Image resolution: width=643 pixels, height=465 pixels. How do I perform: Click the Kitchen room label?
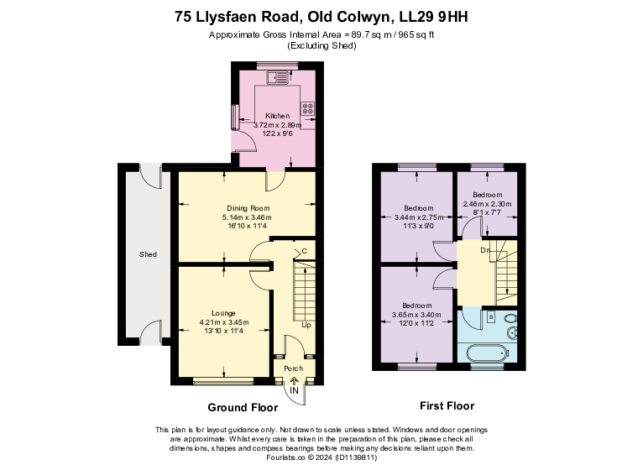click(277, 116)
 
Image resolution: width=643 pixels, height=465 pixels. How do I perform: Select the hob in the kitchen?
click(308, 108)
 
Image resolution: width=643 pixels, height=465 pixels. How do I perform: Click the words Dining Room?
click(248, 208)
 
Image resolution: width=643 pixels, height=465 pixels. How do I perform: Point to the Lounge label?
click(223, 312)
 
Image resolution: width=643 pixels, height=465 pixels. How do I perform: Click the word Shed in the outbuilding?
click(148, 253)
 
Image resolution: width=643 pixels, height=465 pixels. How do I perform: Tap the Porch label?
click(293, 368)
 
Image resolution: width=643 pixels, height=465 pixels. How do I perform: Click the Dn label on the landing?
click(484, 250)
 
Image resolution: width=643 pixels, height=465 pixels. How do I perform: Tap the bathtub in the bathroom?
click(483, 353)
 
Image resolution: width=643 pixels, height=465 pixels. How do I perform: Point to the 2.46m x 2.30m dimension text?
click(488, 204)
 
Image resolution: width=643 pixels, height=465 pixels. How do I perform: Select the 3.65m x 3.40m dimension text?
click(416, 316)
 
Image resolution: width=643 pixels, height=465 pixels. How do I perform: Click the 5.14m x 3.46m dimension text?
click(248, 217)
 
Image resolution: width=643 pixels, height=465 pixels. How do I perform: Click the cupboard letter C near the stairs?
click(304, 251)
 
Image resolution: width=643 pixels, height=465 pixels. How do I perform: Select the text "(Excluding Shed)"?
click(322, 45)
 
